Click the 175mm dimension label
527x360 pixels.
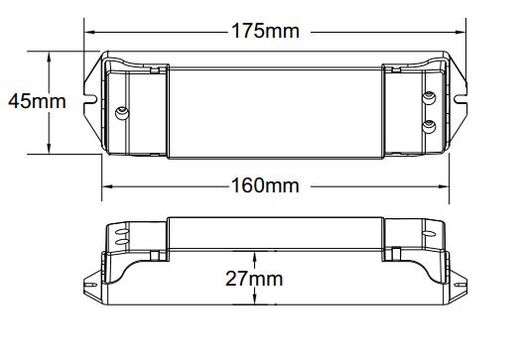pos(265,31)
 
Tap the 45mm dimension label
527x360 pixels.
pos(37,101)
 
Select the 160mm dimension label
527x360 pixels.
pos(265,185)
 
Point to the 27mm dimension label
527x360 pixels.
pos(254,279)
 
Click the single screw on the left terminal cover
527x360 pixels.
pos(122,113)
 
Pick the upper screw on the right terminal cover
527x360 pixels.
pos(429,98)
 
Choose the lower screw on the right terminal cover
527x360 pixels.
pos(429,127)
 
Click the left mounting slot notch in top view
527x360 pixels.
pos(90,99)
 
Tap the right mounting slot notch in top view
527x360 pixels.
pos(461,99)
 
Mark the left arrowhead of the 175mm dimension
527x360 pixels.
pos(89,33)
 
